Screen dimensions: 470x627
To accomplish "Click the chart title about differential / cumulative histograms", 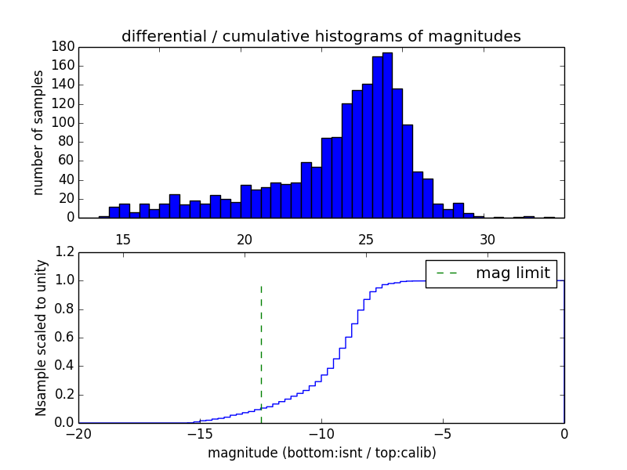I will point(321,36).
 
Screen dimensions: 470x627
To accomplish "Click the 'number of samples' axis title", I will point(38,132).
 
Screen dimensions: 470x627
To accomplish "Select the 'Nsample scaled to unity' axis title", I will point(41,338).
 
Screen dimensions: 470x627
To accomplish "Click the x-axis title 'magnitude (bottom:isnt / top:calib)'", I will point(321,453).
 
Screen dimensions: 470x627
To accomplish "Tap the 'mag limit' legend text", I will point(513,273).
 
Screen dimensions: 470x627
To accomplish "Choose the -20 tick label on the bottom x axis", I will point(78,434).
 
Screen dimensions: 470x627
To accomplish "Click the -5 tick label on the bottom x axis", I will point(443,434).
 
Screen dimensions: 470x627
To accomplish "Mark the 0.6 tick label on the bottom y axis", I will point(64,338).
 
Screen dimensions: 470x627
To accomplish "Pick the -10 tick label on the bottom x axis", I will point(321,434).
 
